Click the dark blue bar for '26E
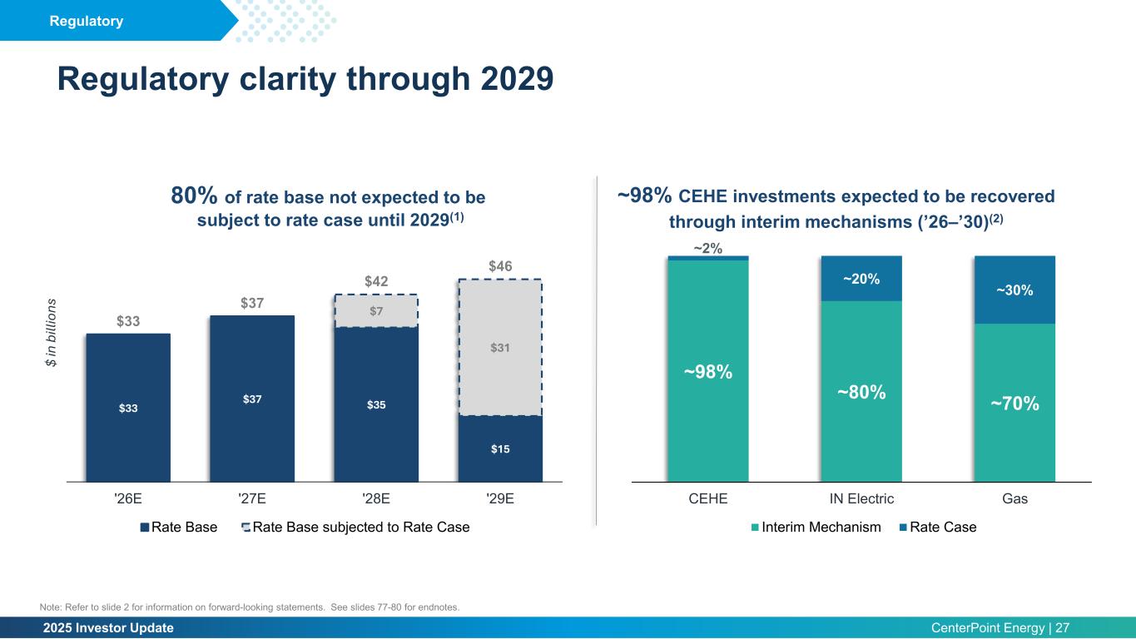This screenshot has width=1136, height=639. (128, 408)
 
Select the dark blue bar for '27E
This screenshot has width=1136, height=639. (252, 399)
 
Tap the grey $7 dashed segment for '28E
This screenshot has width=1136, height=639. (376, 310)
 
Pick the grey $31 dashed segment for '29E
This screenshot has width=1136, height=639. (500, 347)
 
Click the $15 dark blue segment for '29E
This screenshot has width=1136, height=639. (500, 448)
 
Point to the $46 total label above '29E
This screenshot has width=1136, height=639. (500, 266)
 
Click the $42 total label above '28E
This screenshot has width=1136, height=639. (376, 281)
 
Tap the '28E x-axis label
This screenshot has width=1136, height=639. (376, 499)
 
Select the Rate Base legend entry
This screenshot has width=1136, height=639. (179, 527)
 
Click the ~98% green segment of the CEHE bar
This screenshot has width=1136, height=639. (708, 371)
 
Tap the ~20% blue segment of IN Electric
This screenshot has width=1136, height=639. (861, 279)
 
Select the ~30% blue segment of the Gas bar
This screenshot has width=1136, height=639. (1014, 290)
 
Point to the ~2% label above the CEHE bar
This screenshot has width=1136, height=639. (708, 248)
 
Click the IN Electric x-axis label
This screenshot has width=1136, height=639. (861, 499)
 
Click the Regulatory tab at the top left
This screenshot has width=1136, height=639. (87, 21)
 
